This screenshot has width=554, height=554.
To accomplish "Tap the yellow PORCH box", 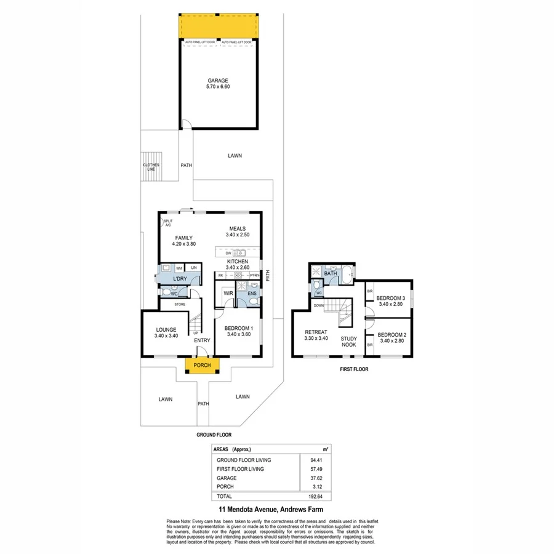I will (202, 365).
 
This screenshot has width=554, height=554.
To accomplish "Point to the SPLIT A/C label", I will (168, 223).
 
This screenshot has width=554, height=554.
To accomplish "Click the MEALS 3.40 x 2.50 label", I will (237, 231).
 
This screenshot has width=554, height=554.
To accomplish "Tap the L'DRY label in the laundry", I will (180, 279).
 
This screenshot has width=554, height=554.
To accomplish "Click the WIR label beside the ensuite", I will (227, 293).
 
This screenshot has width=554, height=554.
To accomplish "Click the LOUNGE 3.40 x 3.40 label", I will (166, 332).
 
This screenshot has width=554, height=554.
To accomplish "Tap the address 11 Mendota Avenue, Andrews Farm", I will (271, 510).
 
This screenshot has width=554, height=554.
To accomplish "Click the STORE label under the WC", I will (180, 304).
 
